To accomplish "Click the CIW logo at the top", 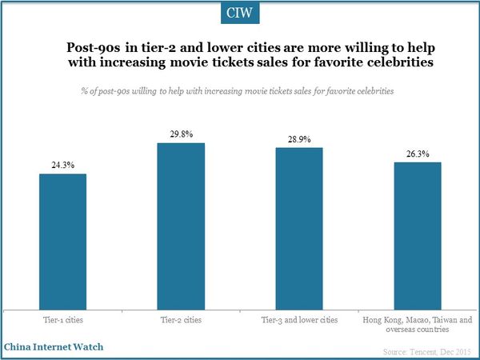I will tap(239, 14).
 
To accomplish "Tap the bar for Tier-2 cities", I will tap(181, 227).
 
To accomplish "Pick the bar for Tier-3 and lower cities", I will tap(299, 230).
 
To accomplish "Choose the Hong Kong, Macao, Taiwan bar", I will tap(417, 237).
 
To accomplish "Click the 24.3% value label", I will tap(62, 166).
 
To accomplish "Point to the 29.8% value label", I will tap(181, 135).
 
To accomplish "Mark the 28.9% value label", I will tap(299, 140).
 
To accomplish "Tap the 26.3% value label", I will tap(417, 154).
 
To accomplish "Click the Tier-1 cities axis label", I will tap(62, 320).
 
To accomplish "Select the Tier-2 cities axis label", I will tap(181, 320).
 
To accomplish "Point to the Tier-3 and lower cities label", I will tap(299, 320).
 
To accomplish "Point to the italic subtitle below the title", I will tap(239, 91).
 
